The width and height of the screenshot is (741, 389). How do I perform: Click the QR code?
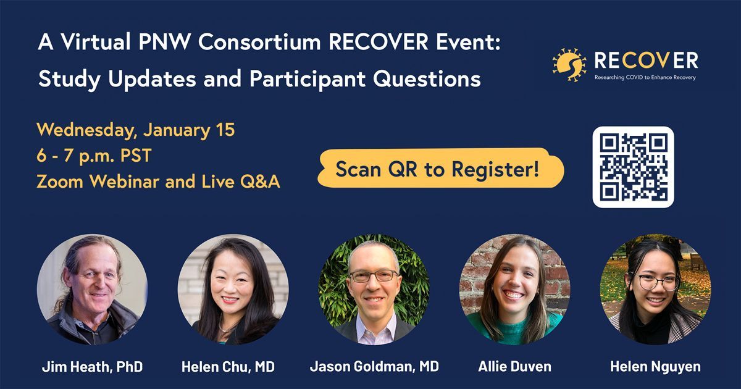[633, 167]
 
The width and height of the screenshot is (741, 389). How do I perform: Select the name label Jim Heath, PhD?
[92, 367]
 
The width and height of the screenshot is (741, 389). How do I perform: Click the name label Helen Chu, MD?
[228, 367]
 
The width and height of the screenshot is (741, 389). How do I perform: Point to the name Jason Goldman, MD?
[374, 367]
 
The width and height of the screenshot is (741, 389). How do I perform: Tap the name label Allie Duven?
[515, 367]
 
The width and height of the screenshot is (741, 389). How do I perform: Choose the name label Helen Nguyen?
[655, 367]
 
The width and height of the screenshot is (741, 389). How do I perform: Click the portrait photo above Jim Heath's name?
[92, 290]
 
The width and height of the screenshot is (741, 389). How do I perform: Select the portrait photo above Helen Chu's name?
[233, 290]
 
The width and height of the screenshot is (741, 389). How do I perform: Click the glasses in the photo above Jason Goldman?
[374, 275]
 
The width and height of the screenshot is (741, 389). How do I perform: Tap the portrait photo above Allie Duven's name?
[515, 290]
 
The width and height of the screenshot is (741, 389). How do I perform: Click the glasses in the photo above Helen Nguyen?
[658, 282]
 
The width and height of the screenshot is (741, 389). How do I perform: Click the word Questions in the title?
[427, 79]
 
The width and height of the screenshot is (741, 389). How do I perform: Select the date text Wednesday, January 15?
[136, 130]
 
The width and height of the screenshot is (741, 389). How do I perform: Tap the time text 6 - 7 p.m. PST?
[94, 156]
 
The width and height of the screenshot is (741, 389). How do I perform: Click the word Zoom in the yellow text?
[60, 182]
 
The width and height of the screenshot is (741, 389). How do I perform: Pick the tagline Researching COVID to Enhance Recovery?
[645, 77]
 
